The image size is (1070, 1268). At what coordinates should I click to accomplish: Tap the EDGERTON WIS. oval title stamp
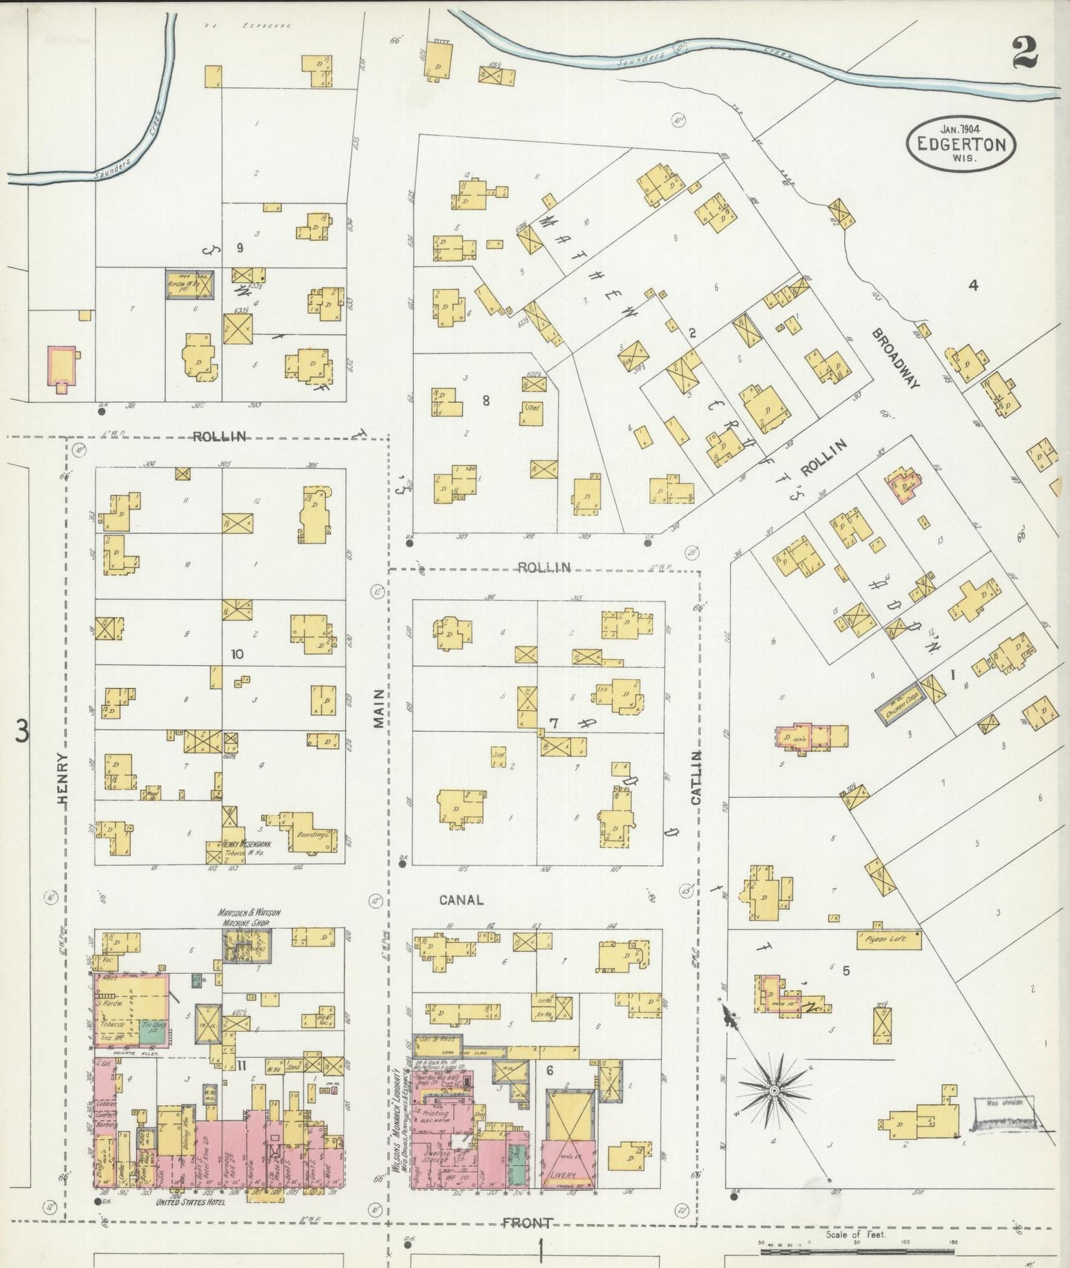(x=961, y=144)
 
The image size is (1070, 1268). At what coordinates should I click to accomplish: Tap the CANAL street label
(x=460, y=900)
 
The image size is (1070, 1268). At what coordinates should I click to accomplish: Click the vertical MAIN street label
(x=378, y=708)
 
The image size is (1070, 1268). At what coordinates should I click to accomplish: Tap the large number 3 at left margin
(x=22, y=732)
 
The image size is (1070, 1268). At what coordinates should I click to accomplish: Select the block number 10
(x=237, y=654)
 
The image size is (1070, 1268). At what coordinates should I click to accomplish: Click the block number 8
(x=486, y=401)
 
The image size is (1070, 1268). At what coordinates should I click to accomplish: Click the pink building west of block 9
(x=64, y=365)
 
